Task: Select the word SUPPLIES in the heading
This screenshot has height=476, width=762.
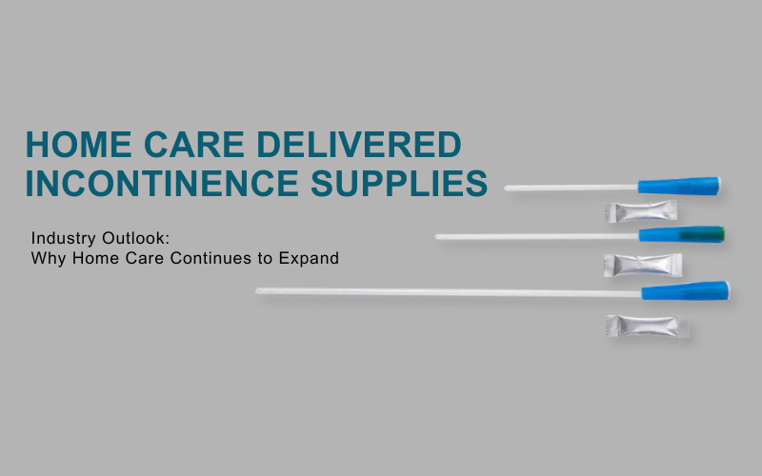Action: pos(402,183)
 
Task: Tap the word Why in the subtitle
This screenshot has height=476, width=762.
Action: pos(47,258)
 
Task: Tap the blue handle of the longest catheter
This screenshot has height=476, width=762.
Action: pos(685,289)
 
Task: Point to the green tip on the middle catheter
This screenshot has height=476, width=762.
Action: pos(713,234)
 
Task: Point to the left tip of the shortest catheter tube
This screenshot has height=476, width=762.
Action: pos(508,188)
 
